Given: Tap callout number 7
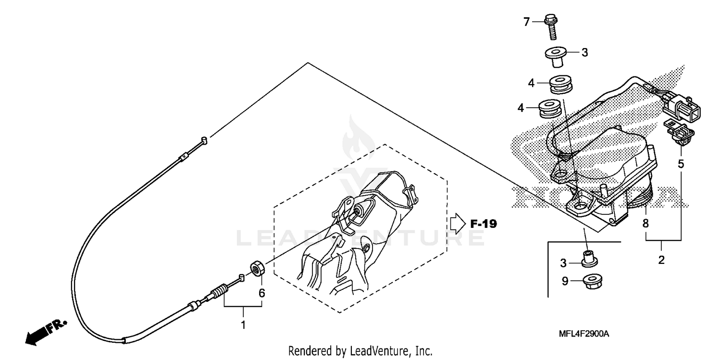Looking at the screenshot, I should tap(526, 22).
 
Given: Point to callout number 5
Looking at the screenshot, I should tap(681, 163).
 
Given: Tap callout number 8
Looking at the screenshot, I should tap(646, 223).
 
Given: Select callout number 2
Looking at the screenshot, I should tap(661, 260).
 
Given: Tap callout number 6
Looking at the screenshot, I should tap(262, 292).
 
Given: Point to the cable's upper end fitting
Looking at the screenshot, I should tap(203, 140).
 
